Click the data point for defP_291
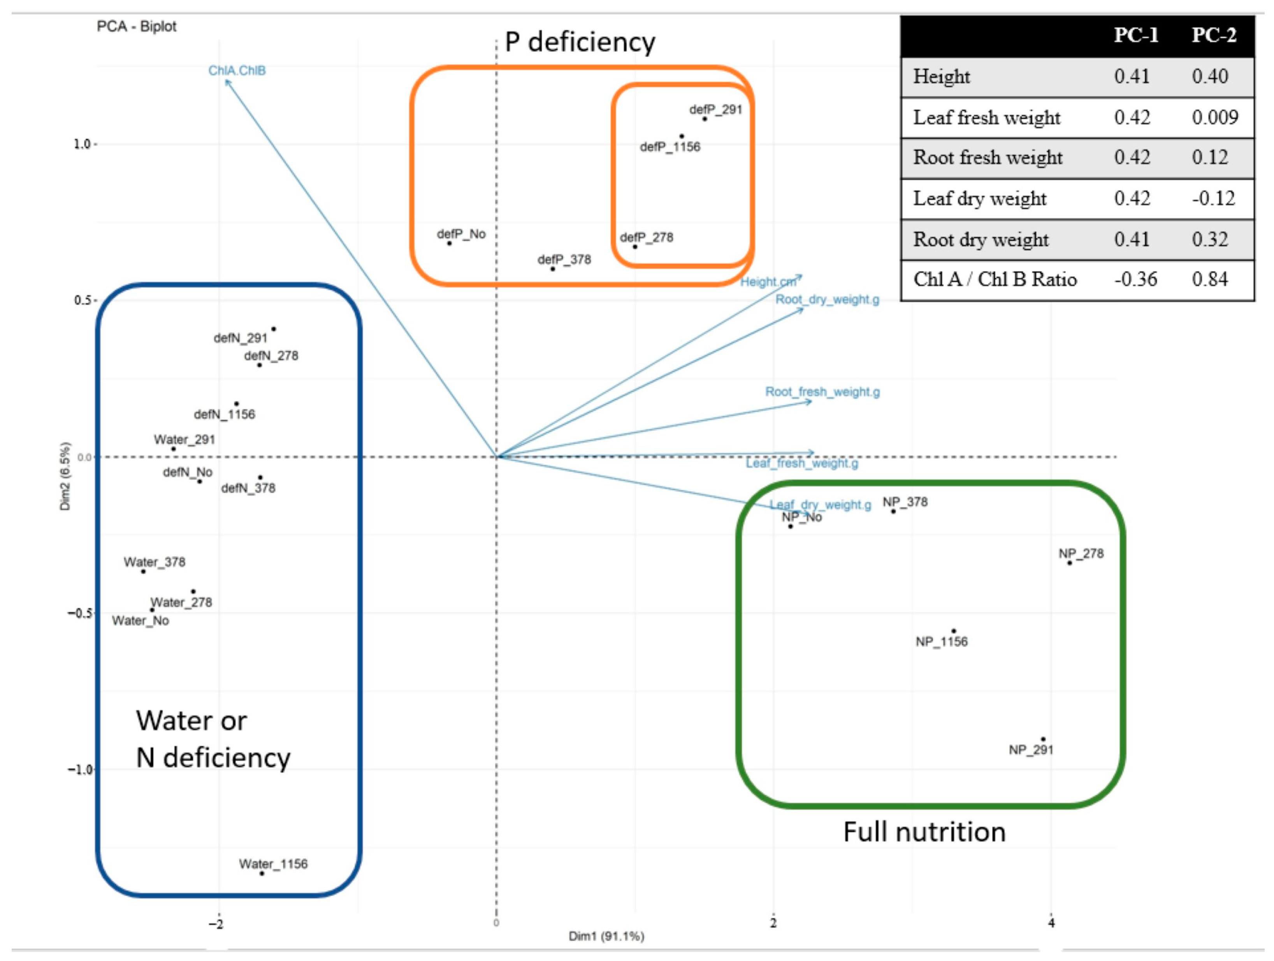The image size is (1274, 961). click(705, 119)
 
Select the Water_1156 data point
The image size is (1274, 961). click(262, 873)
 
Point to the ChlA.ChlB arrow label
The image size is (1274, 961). click(237, 70)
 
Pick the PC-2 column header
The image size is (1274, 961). click(1214, 36)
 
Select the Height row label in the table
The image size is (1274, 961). click(942, 77)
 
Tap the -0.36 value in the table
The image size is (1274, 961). click(1135, 280)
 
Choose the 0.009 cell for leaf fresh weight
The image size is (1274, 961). click(1215, 117)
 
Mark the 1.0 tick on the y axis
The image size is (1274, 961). click(83, 144)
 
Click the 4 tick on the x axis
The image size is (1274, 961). click(1051, 923)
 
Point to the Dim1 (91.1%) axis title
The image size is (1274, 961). click(606, 936)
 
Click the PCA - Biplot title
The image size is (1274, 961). click(137, 26)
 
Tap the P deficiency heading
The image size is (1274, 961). click(580, 42)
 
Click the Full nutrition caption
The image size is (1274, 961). click(924, 832)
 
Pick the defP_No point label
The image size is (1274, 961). click(461, 234)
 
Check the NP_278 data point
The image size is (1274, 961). click(1070, 563)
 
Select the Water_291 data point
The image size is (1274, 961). click(173, 449)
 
